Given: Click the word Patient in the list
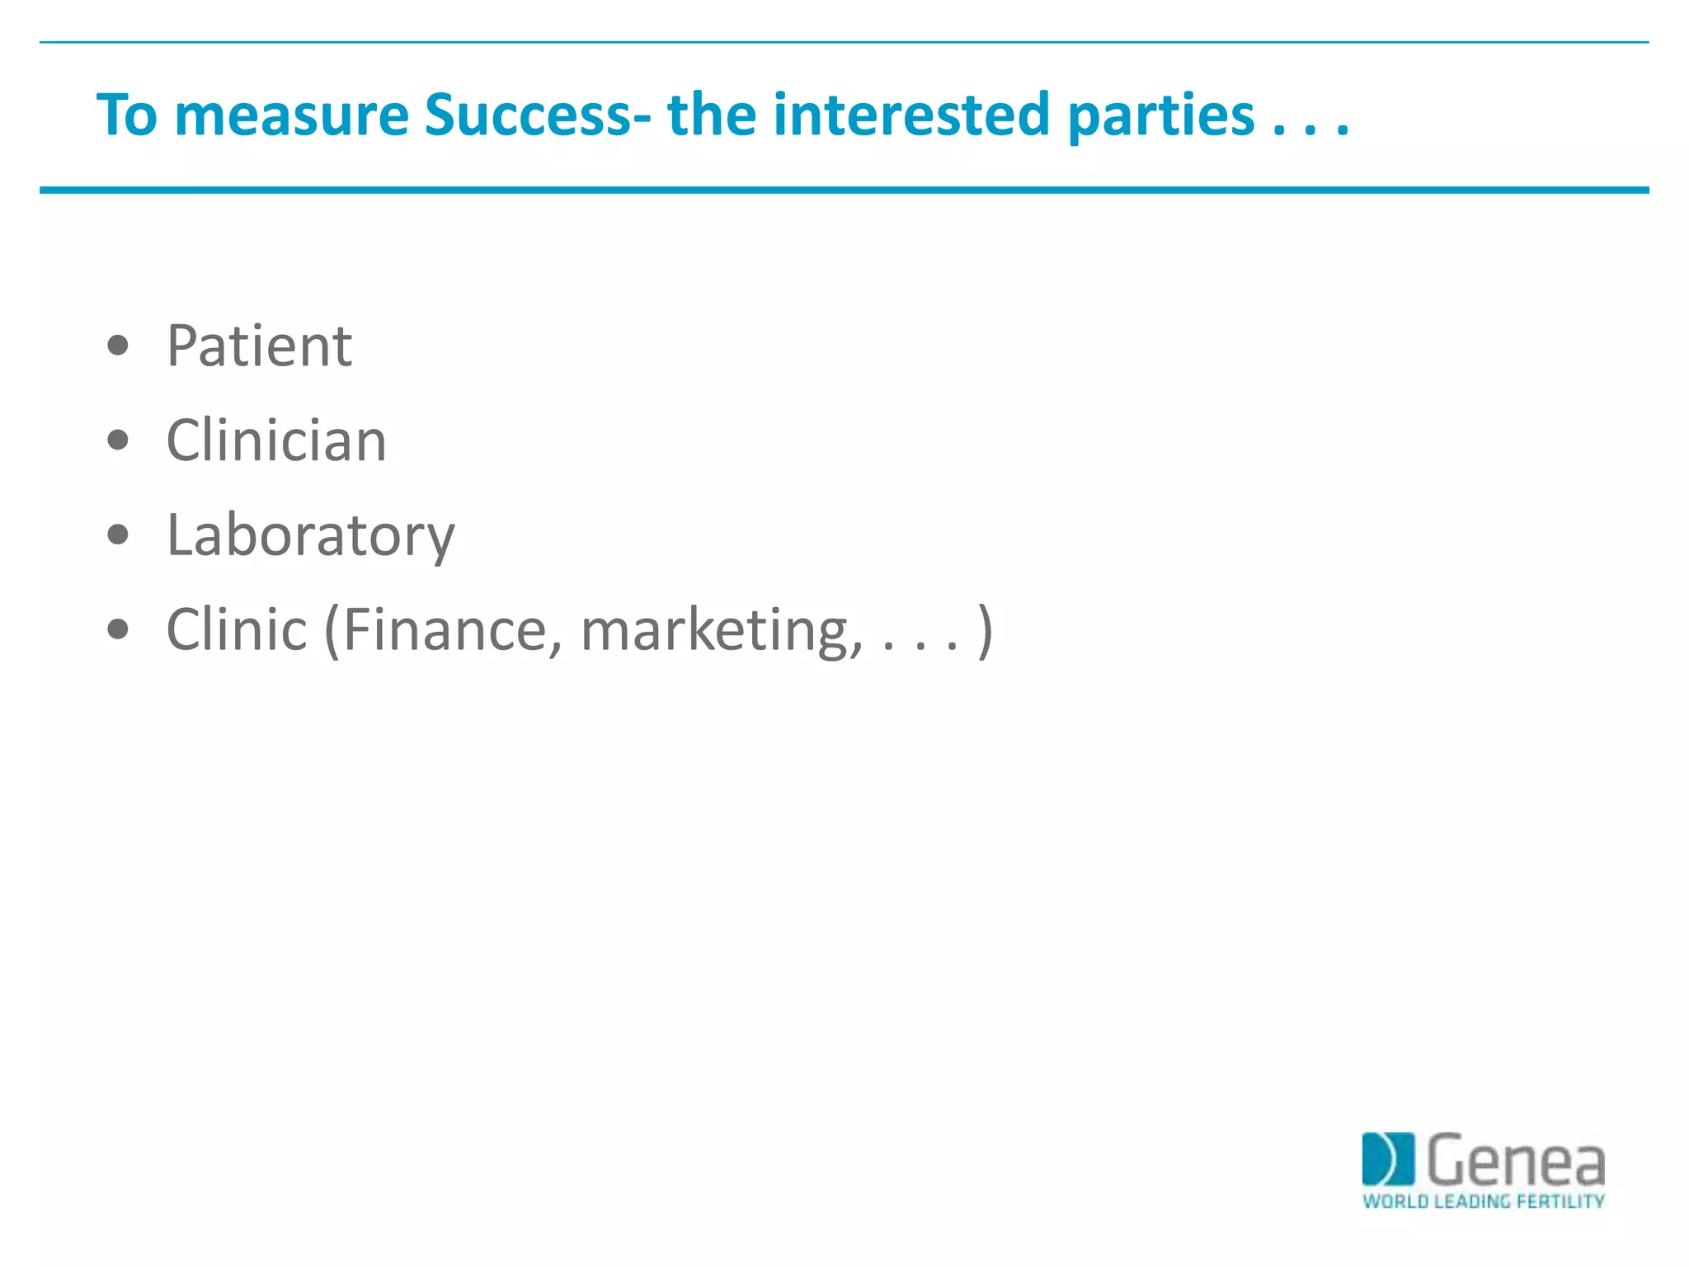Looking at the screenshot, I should coord(259,346).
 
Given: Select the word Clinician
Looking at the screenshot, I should coord(276,440).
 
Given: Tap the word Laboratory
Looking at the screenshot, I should coord(310,536).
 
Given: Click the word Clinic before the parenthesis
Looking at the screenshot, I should coord(237,630).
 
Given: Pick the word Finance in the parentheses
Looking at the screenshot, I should coord(445,630).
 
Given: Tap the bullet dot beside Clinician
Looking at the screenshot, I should coord(119,440).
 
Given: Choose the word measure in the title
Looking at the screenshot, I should coord(292,115).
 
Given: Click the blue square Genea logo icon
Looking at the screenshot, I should coord(1388,1159).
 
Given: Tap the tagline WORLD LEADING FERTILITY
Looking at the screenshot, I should coord(1484,1202).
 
